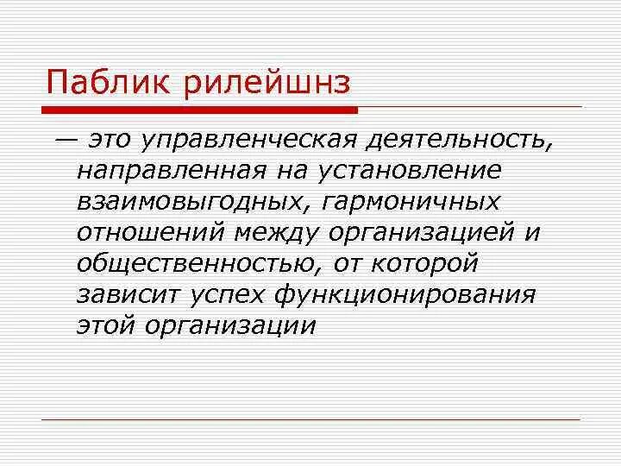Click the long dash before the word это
(64, 138)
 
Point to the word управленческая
(246, 138)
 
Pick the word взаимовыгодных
(187, 200)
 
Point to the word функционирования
(405, 293)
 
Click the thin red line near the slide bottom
(310, 419)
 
